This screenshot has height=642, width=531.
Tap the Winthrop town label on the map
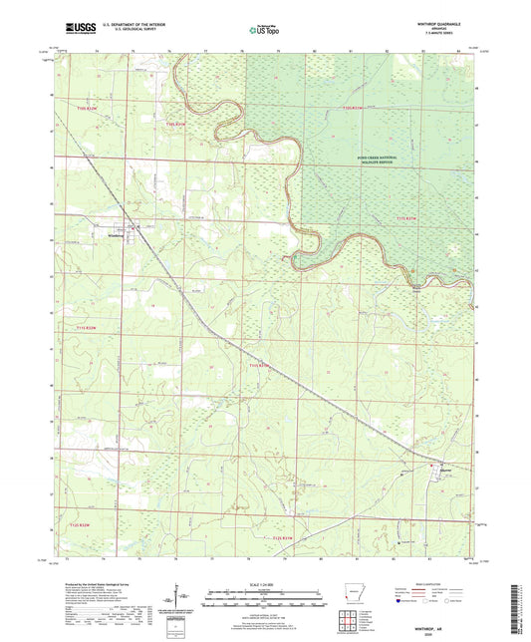117,236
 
